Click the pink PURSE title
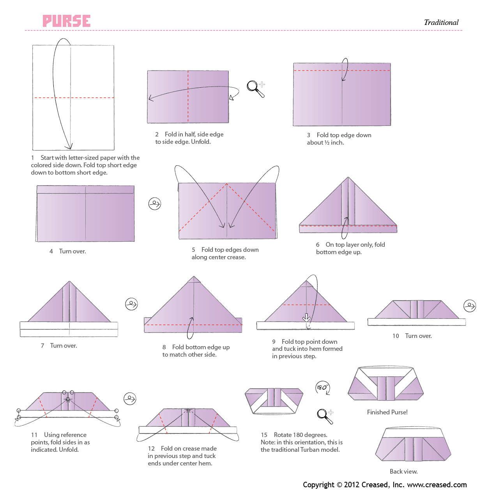(67, 21)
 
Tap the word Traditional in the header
(441, 23)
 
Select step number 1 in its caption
(33, 158)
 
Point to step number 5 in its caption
(193, 250)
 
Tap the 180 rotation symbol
(322, 387)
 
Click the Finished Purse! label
(387, 412)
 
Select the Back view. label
(403, 472)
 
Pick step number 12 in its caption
(151, 449)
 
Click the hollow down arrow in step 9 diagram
(306, 317)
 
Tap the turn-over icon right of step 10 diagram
(470, 306)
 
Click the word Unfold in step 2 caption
(200, 142)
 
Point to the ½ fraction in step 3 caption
(327, 143)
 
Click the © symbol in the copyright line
(339, 485)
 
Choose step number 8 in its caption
(164, 347)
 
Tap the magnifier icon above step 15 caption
(324, 416)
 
